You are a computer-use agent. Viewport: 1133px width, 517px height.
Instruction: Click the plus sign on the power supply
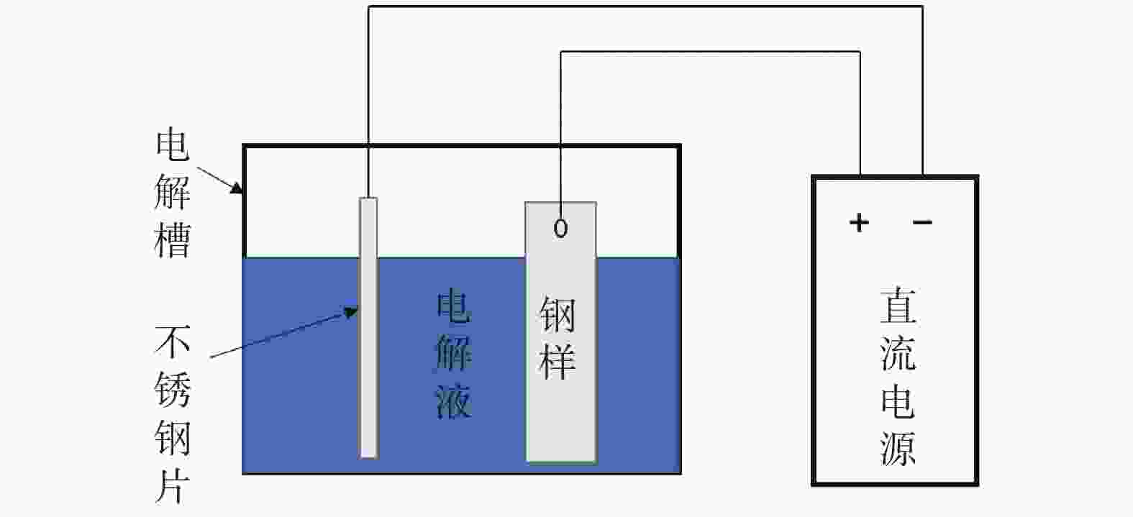[859, 222]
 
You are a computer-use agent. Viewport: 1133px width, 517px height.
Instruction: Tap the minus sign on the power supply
[922, 222]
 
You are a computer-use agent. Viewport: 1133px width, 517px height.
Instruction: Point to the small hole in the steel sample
[560, 228]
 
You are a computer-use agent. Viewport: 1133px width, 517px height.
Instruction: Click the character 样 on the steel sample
[558, 361]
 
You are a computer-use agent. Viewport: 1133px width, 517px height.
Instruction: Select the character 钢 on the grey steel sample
[558, 315]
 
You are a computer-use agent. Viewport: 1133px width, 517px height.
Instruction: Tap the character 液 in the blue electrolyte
[453, 401]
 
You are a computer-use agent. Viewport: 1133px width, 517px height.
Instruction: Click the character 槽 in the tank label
[173, 240]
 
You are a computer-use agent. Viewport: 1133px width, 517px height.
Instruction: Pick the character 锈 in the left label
[173, 389]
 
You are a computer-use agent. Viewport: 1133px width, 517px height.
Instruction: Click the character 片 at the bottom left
[173, 485]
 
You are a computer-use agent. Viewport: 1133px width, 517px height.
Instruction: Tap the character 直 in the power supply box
[898, 306]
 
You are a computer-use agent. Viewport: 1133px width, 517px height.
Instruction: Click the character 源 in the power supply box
[898, 447]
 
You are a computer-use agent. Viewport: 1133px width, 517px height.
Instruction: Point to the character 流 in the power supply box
[898, 353]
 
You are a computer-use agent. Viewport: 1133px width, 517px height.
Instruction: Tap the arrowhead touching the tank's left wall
[237, 188]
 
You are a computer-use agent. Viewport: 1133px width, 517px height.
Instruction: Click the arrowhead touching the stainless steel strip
[352, 312]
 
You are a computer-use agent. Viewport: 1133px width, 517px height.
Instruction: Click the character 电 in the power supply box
[898, 401]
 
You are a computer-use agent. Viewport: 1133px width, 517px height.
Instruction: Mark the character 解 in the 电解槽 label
[173, 192]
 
